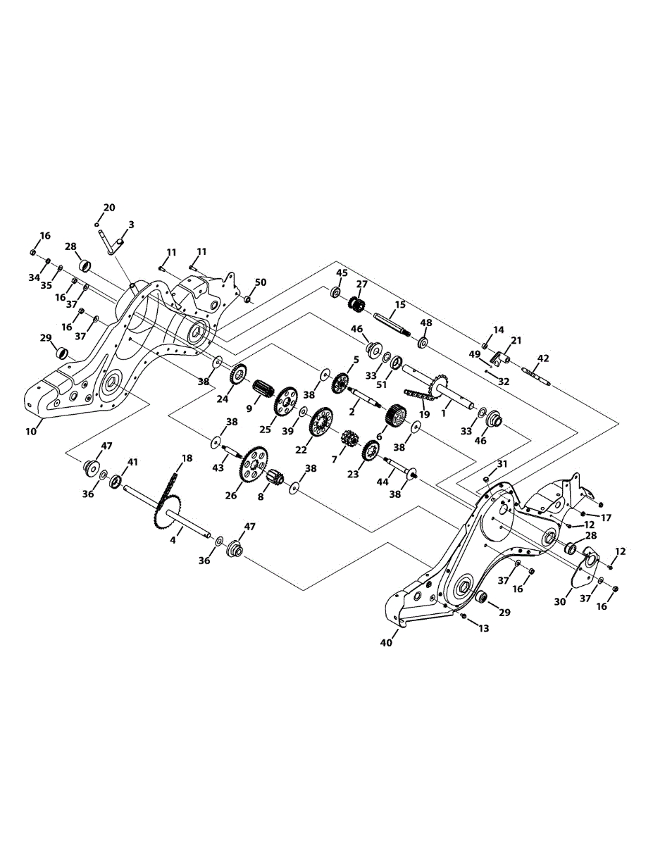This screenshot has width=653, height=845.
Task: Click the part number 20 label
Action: point(108,208)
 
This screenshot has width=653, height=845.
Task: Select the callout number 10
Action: point(31,431)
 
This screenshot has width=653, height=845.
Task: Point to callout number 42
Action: point(542,358)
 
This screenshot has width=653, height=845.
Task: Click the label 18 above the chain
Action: point(186,458)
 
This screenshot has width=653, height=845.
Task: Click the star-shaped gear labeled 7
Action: point(347,444)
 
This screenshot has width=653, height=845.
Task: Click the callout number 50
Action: point(261,282)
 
